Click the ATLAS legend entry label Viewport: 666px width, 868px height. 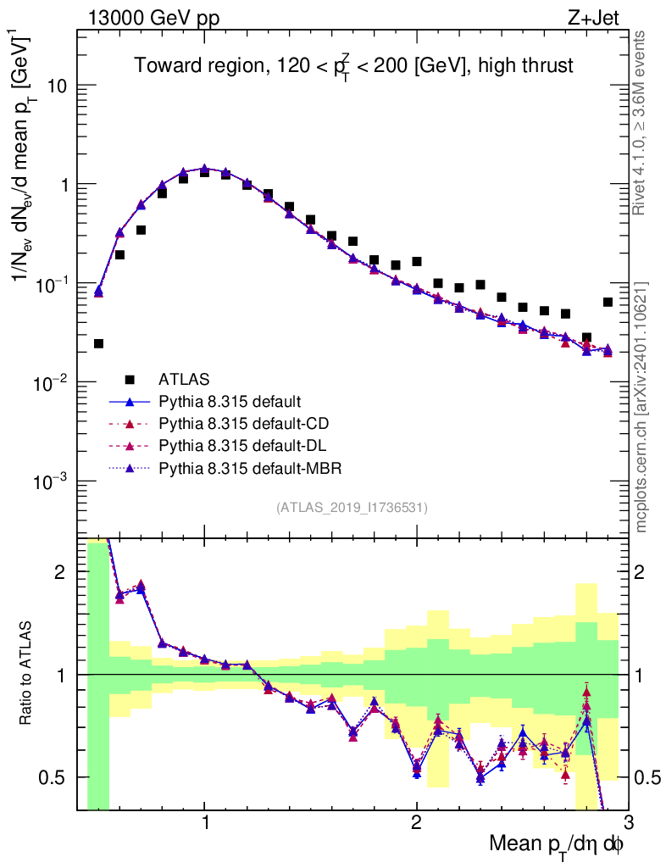click(x=184, y=378)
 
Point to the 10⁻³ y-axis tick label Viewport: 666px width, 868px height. click(x=55, y=481)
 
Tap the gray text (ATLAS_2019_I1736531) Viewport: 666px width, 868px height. click(x=352, y=508)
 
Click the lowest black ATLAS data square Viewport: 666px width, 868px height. click(x=98, y=343)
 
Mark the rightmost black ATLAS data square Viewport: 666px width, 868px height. click(x=608, y=302)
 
